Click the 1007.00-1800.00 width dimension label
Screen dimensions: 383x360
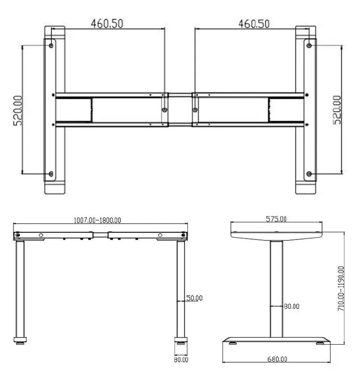[x=97, y=220]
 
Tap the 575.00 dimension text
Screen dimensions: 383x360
[x=276, y=219]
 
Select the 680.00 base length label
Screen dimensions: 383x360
[x=277, y=359]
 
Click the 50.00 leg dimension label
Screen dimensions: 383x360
[x=194, y=298]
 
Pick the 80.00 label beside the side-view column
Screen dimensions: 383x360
[x=291, y=306]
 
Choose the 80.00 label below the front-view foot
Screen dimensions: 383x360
[x=181, y=359]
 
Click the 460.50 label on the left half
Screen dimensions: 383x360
[x=108, y=23]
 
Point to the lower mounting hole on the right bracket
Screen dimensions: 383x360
[x=309, y=173]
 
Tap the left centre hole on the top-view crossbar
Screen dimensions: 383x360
[x=165, y=110]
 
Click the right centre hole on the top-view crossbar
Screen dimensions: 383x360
[x=195, y=110]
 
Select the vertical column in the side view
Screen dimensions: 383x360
[x=276, y=287]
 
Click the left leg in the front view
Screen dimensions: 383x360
[x=21, y=288]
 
